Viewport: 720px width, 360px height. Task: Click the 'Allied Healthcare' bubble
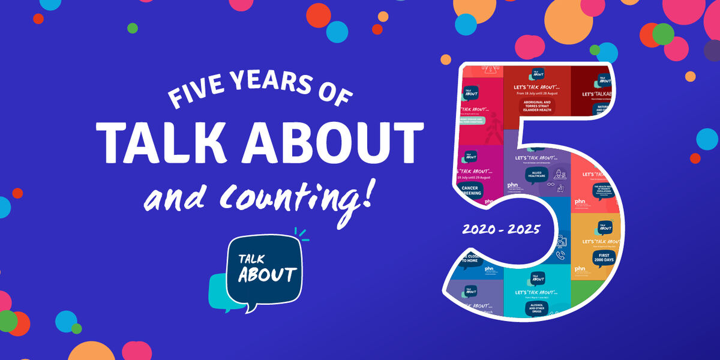pos(536,175)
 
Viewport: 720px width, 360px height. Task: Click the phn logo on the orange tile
pos(580,269)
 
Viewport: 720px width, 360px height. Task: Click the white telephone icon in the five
pos(559,255)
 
